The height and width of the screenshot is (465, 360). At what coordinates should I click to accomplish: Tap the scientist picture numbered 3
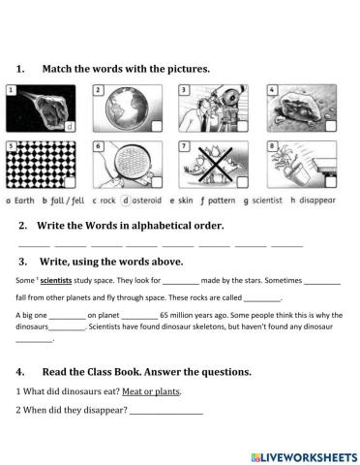(210, 108)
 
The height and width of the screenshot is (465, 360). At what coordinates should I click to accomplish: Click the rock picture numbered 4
(294, 108)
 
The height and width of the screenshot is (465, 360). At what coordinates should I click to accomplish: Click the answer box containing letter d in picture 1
(70, 126)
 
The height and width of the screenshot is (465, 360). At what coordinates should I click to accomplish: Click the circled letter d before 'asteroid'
(126, 201)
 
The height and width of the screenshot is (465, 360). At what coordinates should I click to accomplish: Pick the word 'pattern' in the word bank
(221, 201)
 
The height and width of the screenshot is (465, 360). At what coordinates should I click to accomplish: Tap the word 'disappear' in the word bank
(315, 201)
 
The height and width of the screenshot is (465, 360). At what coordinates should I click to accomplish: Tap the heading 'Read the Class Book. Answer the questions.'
(145, 372)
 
